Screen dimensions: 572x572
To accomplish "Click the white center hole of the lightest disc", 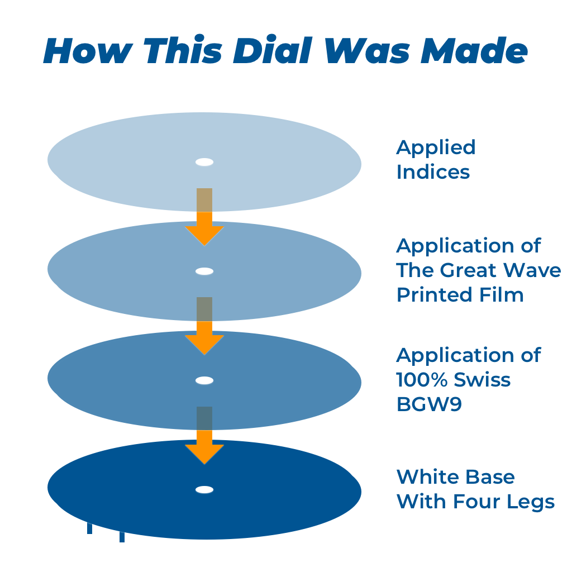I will (x=204, y=163).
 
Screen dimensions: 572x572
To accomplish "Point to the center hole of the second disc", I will (x=204, y=271).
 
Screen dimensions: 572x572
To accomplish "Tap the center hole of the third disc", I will (x=204, y=380).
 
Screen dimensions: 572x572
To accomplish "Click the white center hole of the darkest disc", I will (x=204, y=490).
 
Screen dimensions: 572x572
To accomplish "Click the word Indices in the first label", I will (x=433, y=172).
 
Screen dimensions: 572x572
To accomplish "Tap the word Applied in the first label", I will (x=436, y=148).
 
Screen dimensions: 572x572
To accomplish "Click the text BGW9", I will (x=429, y=404).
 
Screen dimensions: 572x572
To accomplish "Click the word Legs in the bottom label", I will (x=533, y=502).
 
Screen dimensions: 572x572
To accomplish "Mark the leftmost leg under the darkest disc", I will (x=89, y=528).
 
